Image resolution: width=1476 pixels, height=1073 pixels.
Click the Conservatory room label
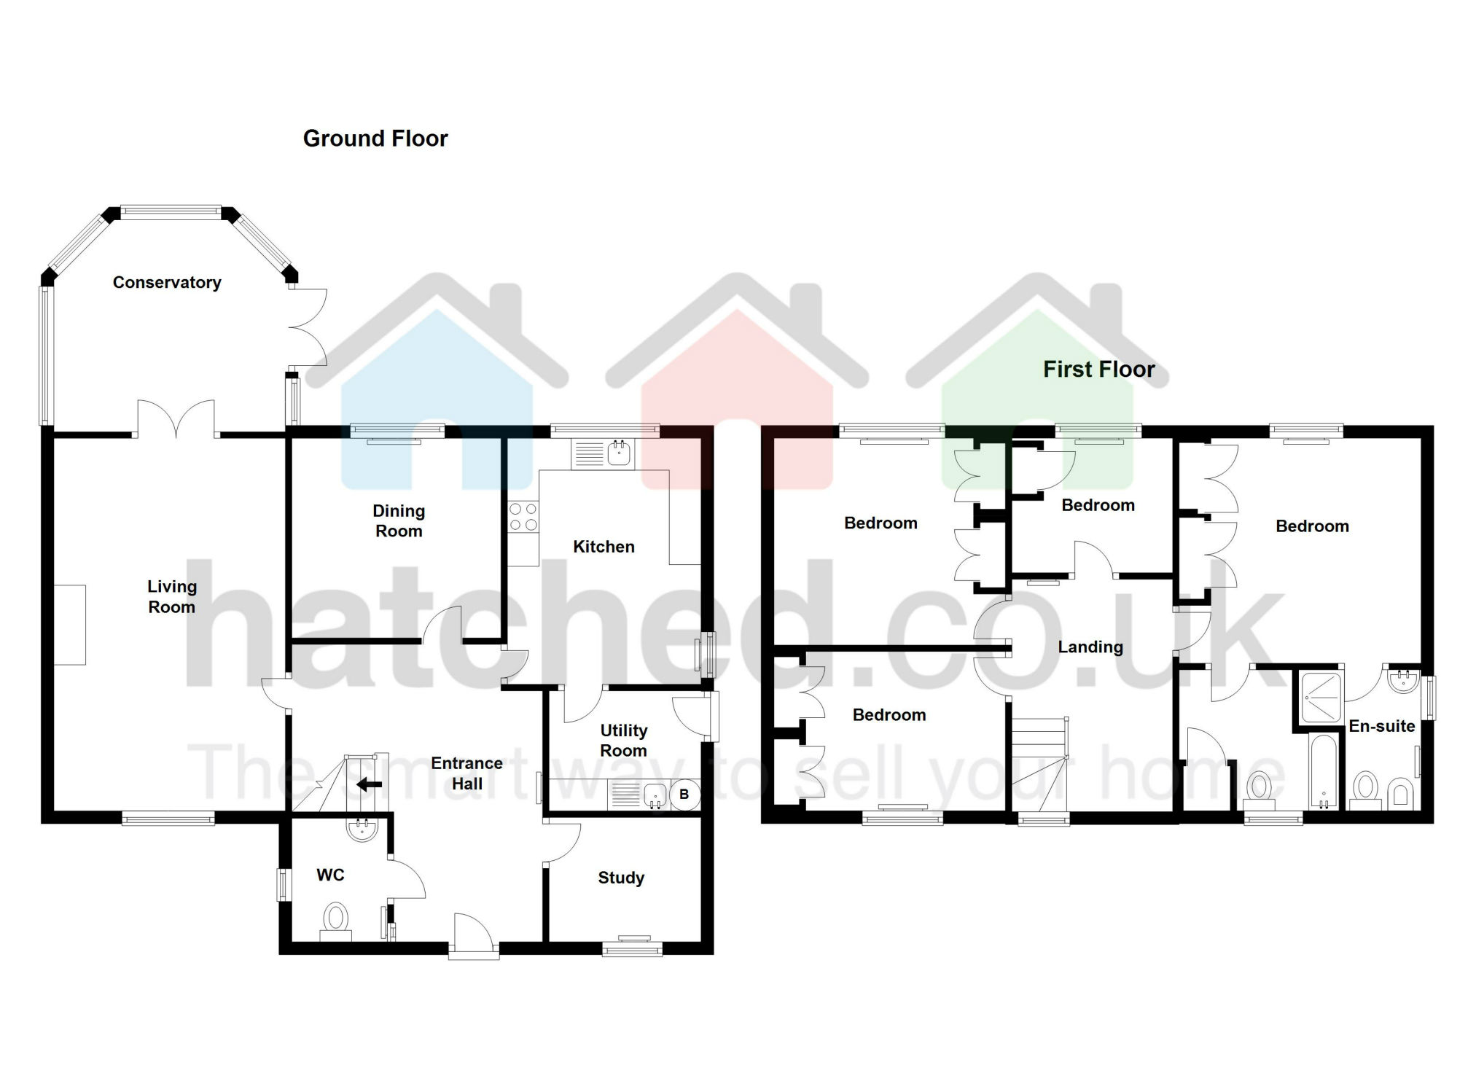(x=167, y=283)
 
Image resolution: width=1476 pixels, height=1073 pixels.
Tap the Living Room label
(x=172, y=597)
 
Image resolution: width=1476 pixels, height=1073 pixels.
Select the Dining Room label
(x=399, y=521)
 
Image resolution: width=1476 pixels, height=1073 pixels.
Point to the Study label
(x=621, y=878)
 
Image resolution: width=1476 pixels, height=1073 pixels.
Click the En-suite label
(x=1381, y=726)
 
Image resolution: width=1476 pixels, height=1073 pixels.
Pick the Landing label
(x=1090, y=647)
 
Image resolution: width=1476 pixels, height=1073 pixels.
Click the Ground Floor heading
(x=375, y=138)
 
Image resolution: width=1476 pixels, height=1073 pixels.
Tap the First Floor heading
(x=1098, y=370)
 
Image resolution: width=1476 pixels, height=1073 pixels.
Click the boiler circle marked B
(x=684, y=795)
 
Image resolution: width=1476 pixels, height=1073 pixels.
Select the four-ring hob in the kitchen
(x=523, y=517)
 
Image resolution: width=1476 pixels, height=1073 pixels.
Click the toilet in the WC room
(x=336, y=920)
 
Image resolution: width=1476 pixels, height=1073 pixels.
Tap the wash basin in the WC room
(x=362, y=830)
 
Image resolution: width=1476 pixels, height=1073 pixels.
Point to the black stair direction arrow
(x=370, y=784)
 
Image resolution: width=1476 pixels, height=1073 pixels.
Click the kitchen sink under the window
(x=619, y=453)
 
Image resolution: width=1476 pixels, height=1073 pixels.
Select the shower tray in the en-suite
(x=1321, y=697)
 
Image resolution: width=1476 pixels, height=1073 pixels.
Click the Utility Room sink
(x=655, y=795)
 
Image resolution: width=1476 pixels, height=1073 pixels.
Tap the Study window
(x=632, y=948)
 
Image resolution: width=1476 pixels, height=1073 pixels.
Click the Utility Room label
(x=623, y=741)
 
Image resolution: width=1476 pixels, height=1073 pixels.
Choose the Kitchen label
(x=604, y=547)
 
